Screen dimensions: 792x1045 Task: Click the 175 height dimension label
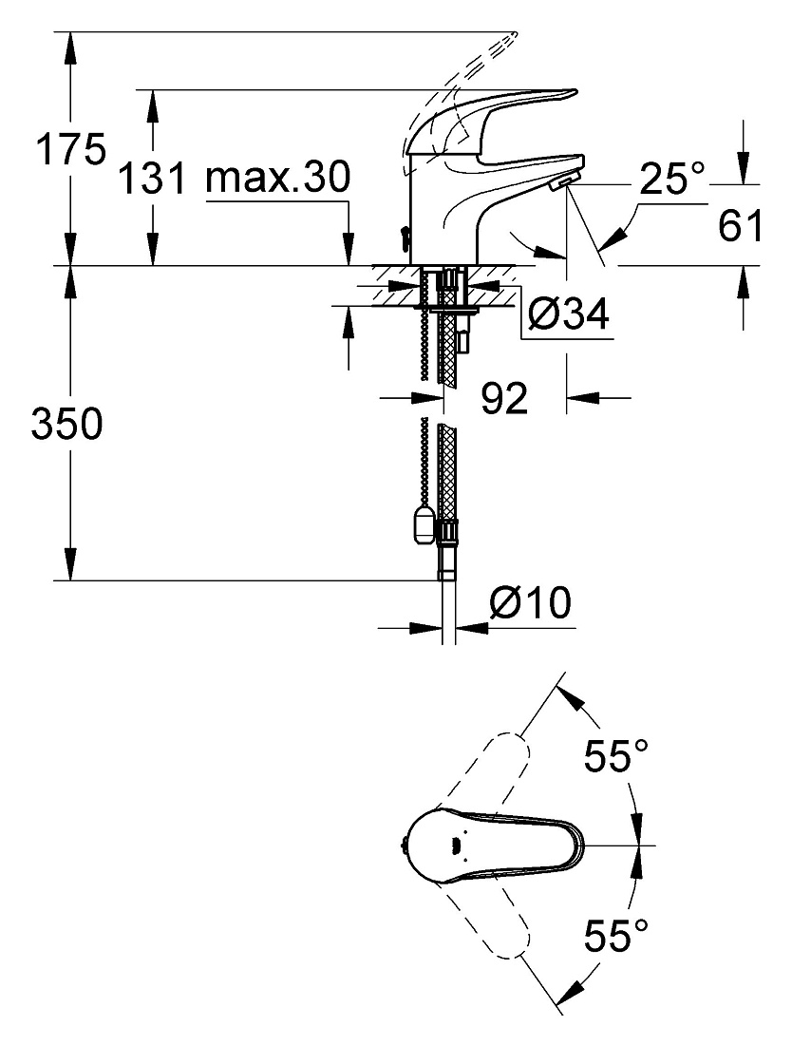click(x=70, y=148)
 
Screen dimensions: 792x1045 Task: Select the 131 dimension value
click(x=152, y=178)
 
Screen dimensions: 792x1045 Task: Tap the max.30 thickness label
click(x=277, y=178)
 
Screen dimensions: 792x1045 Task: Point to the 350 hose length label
click(x=67, y=423)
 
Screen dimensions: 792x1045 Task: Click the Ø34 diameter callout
click(x=568, y=313)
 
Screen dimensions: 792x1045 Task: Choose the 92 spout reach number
click(x=504, y=398)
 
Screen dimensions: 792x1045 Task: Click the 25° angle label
click(x=671, y=178)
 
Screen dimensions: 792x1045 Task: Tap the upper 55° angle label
click(x=616, y=756)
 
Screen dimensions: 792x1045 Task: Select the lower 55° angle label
click(x=616, y=935)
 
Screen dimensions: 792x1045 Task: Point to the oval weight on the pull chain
click(x=421, y=524)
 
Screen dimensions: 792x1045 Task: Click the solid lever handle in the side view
click(x=480, y=117)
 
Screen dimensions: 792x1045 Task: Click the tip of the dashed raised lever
click(x=515, y=32)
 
